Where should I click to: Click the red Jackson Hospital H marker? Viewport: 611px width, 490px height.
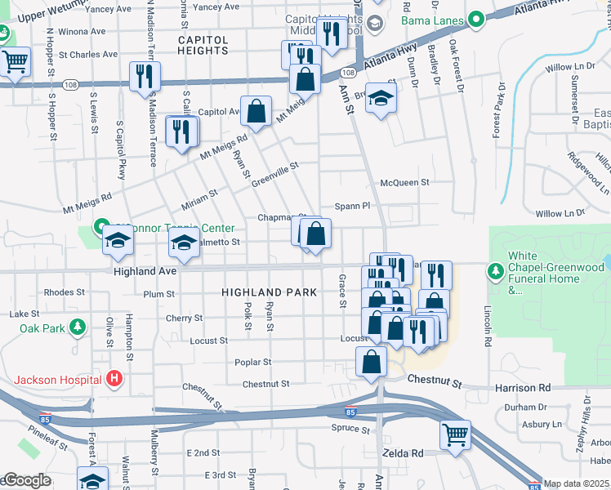pos(114,379)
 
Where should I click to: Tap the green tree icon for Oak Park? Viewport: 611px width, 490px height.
pos(78,328)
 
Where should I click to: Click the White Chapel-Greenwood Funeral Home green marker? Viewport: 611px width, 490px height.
pos(494,269)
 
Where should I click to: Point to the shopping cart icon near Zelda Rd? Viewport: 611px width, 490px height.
pos(455,434)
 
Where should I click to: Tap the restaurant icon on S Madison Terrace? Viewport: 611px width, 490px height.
pos(145,76)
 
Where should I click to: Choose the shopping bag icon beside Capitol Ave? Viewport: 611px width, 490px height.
pos(256,112)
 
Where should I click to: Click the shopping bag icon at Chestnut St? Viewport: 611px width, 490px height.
pos(371,362)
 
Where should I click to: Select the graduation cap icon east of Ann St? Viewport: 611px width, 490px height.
pos(380,99)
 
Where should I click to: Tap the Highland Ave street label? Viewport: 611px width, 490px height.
pos(145,271)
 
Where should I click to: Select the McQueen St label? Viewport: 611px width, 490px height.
pos(399,184)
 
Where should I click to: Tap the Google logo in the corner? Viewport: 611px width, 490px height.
pos(26,481)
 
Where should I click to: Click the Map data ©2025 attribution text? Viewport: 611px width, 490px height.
pos(577,483)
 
